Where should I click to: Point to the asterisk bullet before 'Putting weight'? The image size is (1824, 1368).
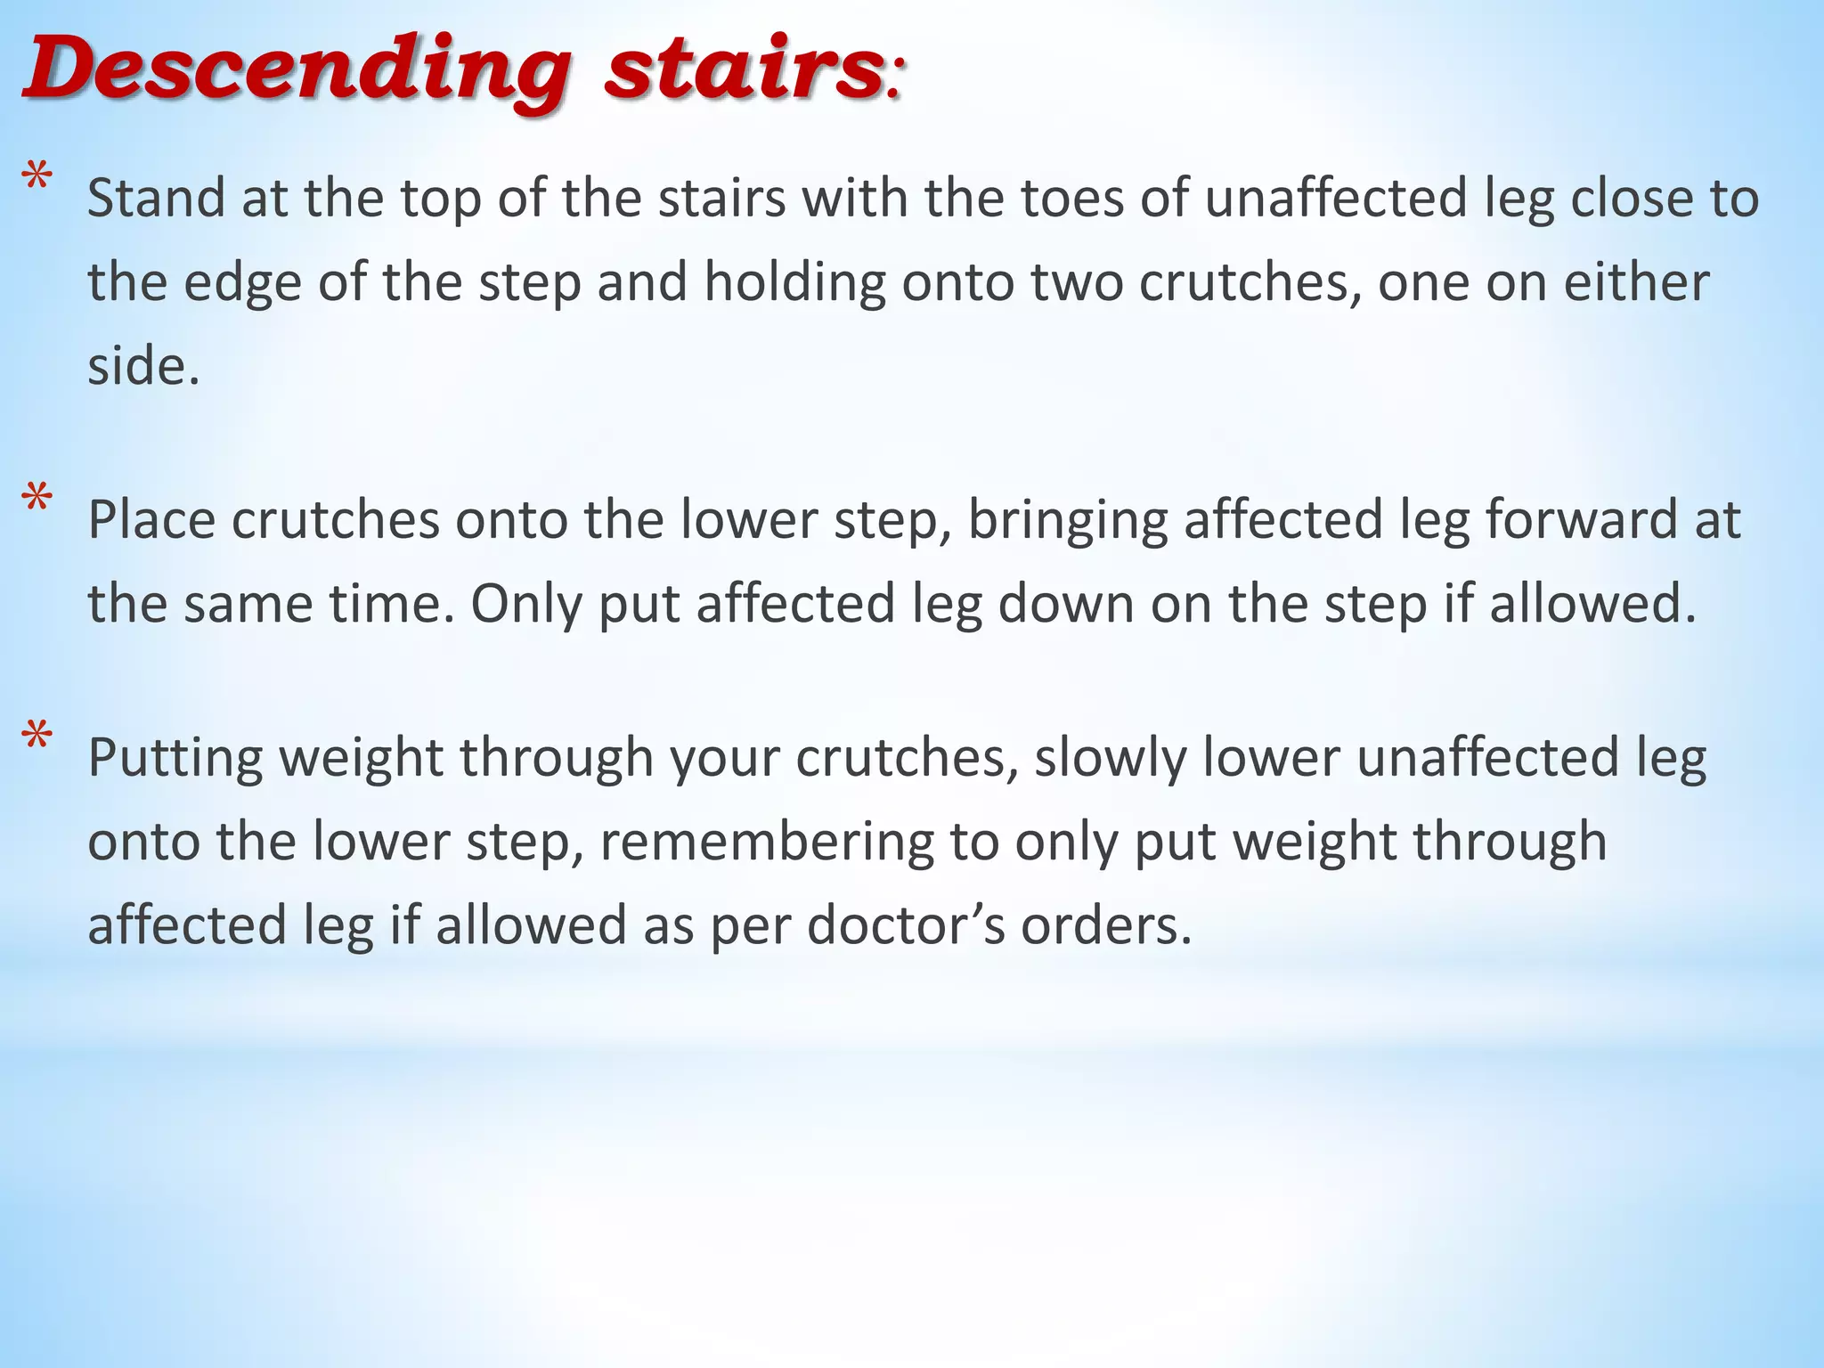click(37, 738)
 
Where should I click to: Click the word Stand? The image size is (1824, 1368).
click(156, 198)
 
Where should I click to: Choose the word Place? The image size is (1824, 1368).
click(151, 520)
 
